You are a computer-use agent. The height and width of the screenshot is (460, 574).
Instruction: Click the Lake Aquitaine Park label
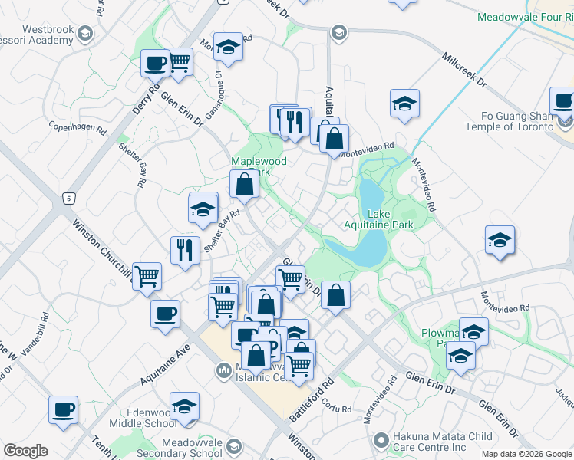[x=390, y=219]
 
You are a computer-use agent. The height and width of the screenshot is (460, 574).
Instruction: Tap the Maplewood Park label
[x=259, y=167]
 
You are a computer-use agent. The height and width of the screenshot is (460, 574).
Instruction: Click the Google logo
[x=25, y=451]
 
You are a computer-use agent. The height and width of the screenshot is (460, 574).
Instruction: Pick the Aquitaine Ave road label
[x=165, y=364]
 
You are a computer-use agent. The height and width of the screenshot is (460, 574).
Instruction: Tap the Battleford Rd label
[x=312, y=398]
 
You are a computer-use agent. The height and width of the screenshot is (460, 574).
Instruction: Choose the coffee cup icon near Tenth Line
[x=63, y=409]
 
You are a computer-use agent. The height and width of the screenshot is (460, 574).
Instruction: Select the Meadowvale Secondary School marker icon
[x=235, y=444]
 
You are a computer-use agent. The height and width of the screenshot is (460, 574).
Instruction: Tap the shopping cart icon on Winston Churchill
[x=146, y=274]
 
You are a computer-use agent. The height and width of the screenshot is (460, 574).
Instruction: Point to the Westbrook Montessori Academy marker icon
[x=84, y=34]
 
